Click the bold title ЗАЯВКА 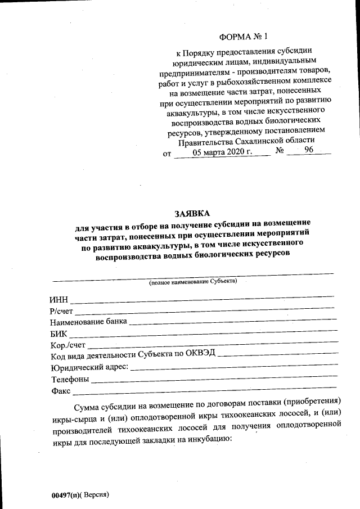pyautogui.click(x=191, y=214)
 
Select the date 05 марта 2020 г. pyautogui.click(x=223, y=152)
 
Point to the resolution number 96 pyautogui.click(x=309, y=151)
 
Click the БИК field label pyautogui.click(x=58, y=334)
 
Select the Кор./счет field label pyautogui.click(x=68, y=345)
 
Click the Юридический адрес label pyautogui.click(x=89, y=367)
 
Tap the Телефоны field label pyautogui.click(x=69, y=379)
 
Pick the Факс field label pyautogui.click(x=60, y=390)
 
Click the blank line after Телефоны pyautogui.click(x=214, y=381)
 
